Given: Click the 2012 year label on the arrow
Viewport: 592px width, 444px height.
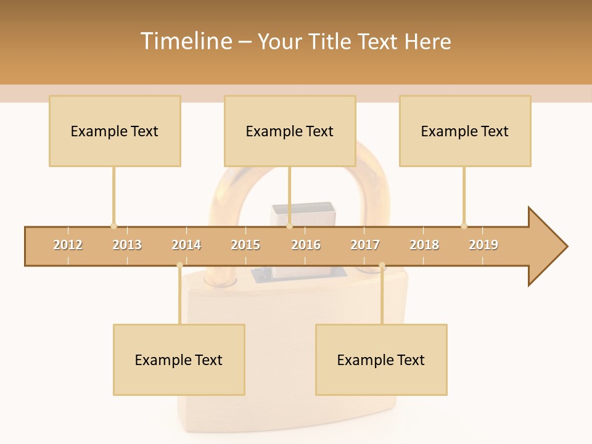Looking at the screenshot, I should (68, 245).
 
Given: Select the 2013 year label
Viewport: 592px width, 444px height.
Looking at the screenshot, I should (127, 245).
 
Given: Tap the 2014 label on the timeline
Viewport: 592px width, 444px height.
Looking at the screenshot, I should (186, 245).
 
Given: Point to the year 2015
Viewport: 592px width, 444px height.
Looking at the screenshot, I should (245, 245).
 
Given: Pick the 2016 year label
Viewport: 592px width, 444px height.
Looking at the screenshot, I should (306, 245).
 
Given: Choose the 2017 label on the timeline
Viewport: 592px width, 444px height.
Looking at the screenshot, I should (365, 245).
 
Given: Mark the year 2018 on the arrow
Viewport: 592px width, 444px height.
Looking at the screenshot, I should (424, 245).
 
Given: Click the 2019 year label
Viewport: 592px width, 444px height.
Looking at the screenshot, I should (483, 245).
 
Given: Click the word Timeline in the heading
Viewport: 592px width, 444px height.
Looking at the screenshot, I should (185, 41).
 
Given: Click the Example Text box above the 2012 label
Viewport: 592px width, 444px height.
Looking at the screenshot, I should (115, 131).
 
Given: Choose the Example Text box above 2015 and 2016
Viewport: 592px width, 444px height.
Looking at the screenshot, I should (290, 131).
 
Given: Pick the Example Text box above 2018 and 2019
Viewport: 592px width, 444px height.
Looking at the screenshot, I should (465, 131).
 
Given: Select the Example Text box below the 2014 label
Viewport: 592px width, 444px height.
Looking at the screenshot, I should (179, 360).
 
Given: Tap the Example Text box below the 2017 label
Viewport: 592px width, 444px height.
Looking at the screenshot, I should (381, 360).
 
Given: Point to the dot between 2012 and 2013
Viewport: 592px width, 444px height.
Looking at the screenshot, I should (113, 226).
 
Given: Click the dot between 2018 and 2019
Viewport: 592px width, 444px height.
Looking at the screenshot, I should (464, 226).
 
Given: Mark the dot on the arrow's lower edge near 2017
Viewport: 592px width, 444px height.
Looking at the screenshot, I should (382, 266).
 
